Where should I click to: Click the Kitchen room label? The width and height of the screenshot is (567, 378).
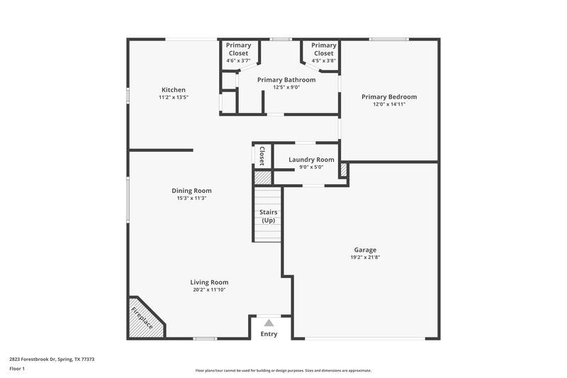[x=174, y=90]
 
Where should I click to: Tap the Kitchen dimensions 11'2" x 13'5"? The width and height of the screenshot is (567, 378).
[x=174, y=97]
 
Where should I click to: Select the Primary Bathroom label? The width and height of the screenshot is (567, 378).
[x=286, y=80]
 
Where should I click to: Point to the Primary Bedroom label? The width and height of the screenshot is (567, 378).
[x=389, y=96]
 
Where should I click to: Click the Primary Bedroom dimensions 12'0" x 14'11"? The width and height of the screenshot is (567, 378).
[x=389, y=104]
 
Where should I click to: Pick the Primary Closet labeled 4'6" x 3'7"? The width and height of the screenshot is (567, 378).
[x=238, y=53]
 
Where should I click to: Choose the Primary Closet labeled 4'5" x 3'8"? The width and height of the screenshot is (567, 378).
[x=324, y=53]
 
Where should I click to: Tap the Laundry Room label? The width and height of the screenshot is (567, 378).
[x=311, y=160]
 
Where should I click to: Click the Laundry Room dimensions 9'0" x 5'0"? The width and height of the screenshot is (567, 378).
[x=311, y=167]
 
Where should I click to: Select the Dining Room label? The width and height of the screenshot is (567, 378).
[x=191, y=190]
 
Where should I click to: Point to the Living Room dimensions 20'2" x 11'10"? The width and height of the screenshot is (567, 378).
[x=210, y=289]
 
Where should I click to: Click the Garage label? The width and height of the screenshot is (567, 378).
[x=365, y=250]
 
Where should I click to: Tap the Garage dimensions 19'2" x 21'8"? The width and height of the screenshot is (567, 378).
[x=365, y=257]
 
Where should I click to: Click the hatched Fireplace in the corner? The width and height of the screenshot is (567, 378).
[x=144, y=317]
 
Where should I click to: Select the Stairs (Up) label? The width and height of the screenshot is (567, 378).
[x=269, y=216]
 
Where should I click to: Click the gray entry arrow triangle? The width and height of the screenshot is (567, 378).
[x=269, y=323]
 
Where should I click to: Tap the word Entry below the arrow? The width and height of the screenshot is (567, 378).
[x=269, y=334]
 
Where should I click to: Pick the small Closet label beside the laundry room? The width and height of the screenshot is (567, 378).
[x=262, y=156]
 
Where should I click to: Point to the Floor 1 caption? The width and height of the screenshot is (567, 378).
[x=18, y=369]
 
